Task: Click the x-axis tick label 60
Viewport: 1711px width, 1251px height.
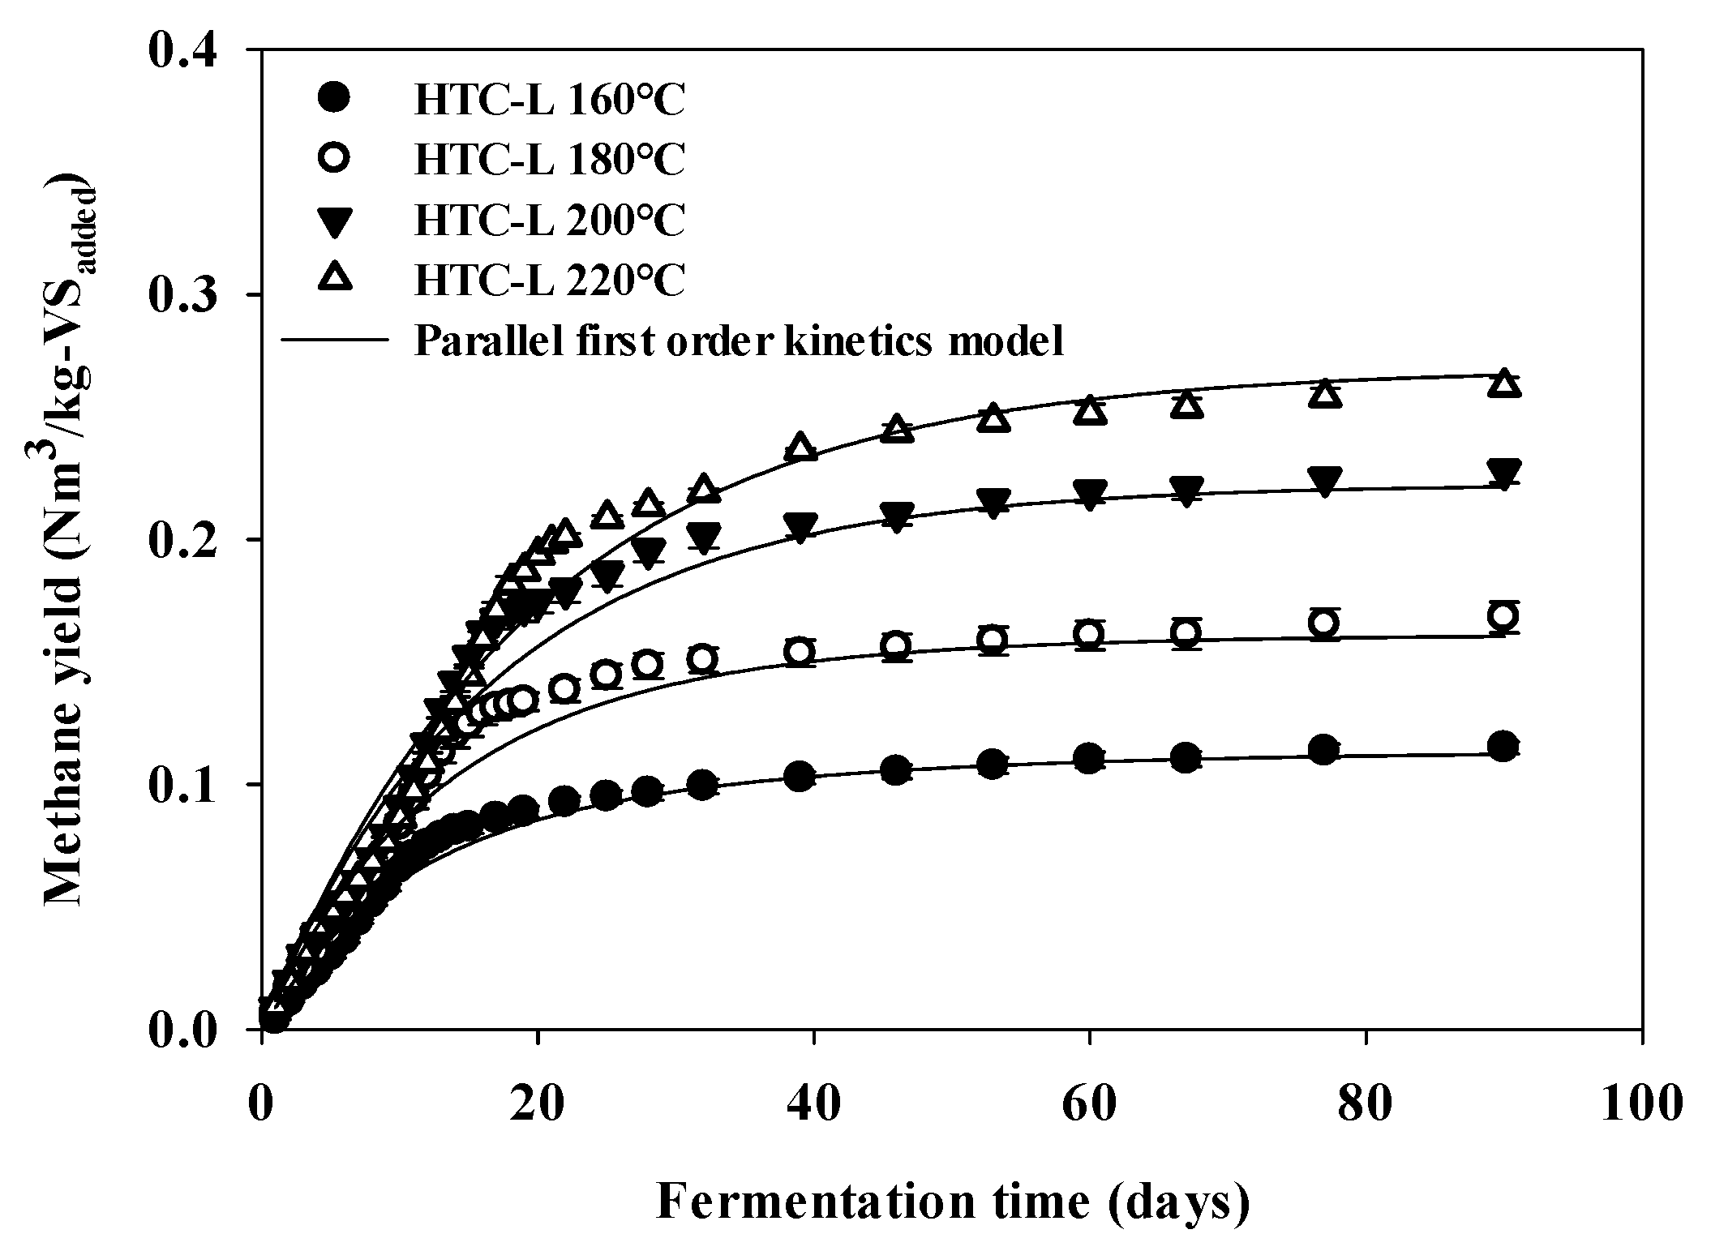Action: coord(1089,1104)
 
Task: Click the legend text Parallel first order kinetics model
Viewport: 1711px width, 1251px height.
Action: coord(738,341)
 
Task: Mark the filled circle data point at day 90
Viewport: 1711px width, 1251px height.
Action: coord(1503,746)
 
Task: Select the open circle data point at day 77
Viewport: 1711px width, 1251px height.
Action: coord(1323,623)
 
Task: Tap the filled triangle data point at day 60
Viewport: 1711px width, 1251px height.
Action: coord(1089,492)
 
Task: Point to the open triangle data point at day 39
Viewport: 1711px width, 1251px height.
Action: coord(800,447)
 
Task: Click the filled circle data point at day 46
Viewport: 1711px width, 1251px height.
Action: coord(896,769)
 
